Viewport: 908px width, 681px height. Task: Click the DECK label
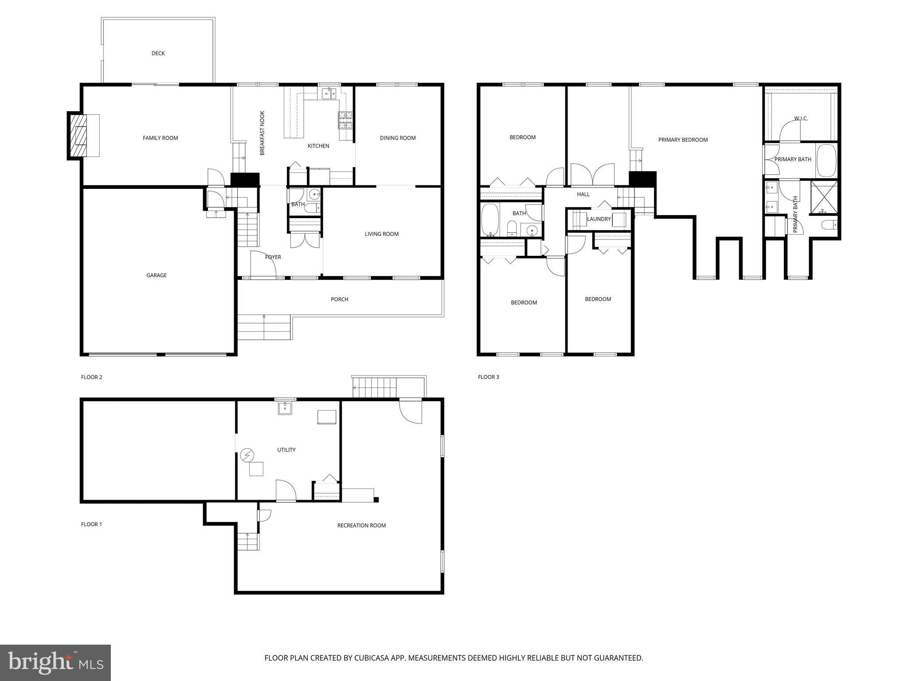click(x=158, y=53)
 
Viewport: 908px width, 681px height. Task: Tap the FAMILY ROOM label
click(x=160, y=138)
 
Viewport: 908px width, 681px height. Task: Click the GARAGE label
click(x=157, y=275)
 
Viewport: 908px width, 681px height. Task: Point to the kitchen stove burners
click(x=345, y=120)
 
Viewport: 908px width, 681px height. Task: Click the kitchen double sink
click(x=329, y=93)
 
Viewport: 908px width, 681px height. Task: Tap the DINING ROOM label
click(x=398, y=138)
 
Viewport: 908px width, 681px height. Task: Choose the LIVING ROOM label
click(x=382, y=234)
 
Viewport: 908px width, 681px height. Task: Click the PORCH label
click(x=340, y=299)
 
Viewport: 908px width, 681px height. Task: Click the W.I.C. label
click(x=801, y=118)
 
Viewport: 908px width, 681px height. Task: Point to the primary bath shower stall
click(x=823, y=198)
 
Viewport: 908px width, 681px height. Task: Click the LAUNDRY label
click(x=599, y=219)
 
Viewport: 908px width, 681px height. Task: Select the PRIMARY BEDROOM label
click(x=683, y=140)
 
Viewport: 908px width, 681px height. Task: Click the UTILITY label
click(x=286, y=450)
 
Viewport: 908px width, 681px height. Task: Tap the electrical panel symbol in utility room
click(x=247, y=455)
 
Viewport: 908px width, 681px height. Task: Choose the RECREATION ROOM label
click(x=362, y=525)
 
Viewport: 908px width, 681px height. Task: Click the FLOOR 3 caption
click(x=489, y=377)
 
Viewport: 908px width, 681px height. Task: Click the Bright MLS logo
click(x=55, y=663)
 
